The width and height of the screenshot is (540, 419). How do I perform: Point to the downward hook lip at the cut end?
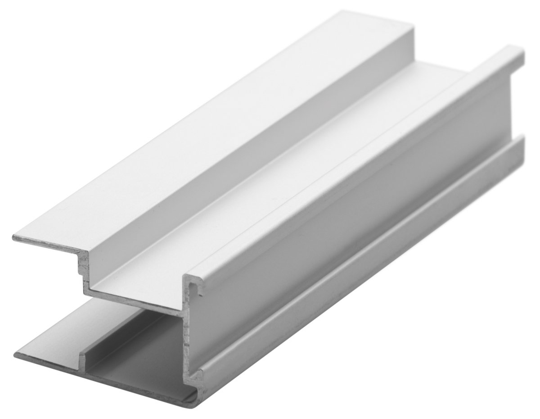click(200, 288)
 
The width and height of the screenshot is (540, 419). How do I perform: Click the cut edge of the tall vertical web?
click(188, 333)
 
